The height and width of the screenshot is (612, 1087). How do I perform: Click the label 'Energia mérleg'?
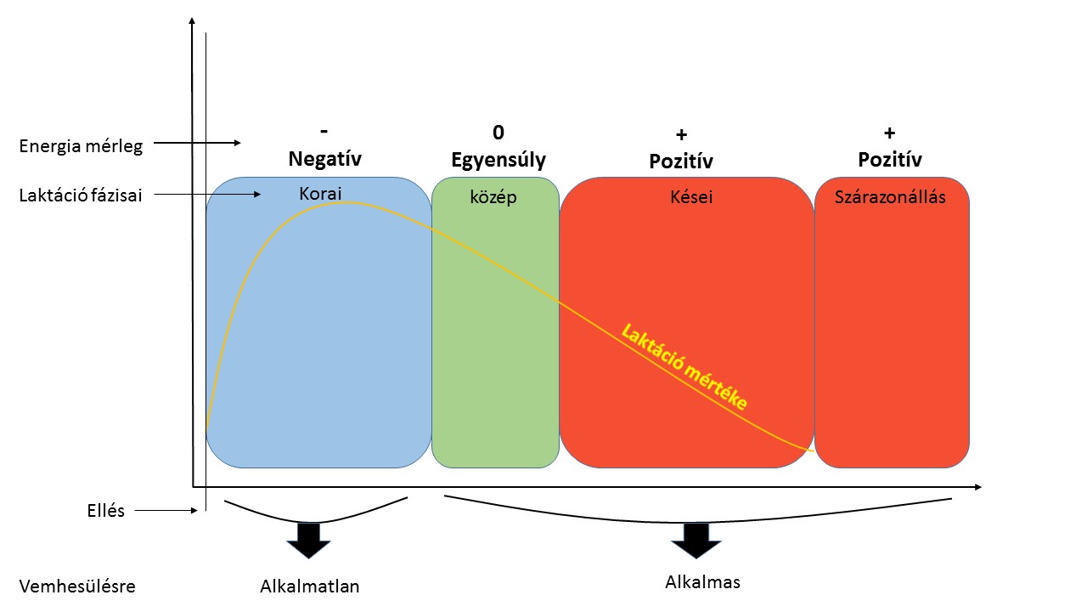(x=81, y=146)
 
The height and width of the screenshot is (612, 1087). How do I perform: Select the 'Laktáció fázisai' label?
(x=81, y=195)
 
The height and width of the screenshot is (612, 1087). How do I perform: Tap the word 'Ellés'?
(x=106, y=511)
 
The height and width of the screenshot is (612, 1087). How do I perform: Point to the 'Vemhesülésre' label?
(x=77, y=586)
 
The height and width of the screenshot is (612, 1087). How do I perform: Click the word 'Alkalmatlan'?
(x=310, y=586)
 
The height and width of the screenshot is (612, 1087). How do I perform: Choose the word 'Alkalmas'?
(x=702, y=582)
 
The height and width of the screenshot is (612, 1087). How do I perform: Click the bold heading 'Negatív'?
(x=325, y=159)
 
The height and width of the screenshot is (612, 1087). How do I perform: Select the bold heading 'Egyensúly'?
(x=498, y=160)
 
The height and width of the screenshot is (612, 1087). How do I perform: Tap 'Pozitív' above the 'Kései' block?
(x=681, y=161)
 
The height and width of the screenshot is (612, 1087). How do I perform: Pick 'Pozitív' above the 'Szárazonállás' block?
(x=890, y=159)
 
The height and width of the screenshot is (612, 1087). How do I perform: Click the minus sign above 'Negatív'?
(x=324, y=131)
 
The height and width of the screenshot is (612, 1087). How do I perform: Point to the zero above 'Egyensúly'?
(x=498, y=132)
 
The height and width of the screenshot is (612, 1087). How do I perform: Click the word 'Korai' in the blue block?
(x=320, y=193)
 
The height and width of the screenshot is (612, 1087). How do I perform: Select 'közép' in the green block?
(x=493, y=197)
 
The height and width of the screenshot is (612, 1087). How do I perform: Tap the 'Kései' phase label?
(x=691, y=196)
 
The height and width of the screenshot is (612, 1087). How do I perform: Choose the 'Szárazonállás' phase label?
(x=890, y=196)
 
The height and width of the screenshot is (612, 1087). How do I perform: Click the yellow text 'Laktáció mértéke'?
(x=684, y=367)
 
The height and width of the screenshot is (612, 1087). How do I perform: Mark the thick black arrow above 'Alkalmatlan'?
(x=308, y=540)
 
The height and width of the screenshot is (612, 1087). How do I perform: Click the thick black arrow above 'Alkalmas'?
(x=696, y=540)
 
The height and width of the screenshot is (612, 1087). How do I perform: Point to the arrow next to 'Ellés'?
(x=166, y=511)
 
